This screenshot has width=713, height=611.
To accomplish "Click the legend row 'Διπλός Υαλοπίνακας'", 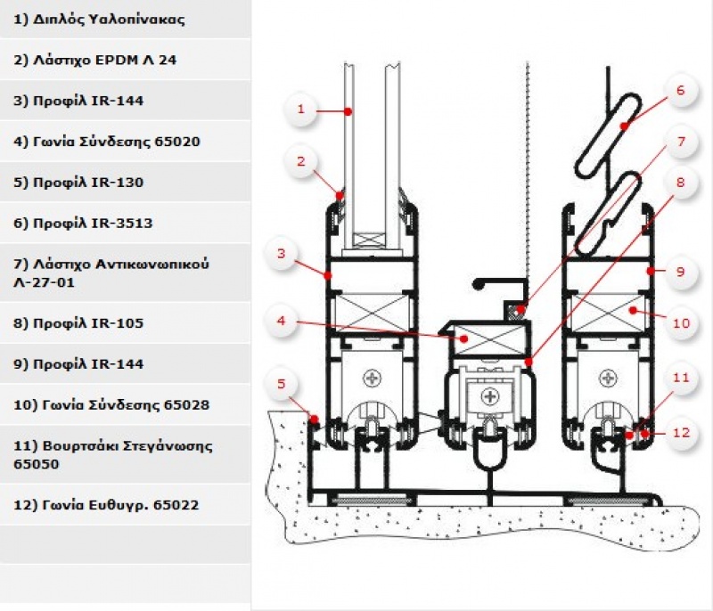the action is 99,20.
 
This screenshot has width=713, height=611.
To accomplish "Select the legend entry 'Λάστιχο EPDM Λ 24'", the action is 95,60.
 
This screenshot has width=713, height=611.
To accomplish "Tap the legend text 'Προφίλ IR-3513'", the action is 83,223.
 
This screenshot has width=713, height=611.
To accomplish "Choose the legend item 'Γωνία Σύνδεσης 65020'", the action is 107,142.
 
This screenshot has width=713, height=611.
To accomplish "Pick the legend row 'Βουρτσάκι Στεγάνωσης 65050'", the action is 113,455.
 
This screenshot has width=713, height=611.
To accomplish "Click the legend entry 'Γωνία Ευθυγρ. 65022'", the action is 106,505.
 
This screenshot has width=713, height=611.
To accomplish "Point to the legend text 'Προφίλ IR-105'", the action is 78,323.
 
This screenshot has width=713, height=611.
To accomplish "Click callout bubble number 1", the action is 300,110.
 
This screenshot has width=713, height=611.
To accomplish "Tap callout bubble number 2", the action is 300,161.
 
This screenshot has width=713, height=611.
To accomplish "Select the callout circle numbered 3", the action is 281,254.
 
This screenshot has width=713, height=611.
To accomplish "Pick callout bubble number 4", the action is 281,321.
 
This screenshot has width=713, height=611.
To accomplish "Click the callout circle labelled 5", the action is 281,384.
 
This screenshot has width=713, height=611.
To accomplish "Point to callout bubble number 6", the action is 681,90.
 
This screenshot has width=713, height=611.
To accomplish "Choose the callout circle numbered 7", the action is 681,142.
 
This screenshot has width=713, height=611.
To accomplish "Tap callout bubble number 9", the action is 681,272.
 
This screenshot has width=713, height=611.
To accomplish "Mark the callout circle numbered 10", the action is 681,323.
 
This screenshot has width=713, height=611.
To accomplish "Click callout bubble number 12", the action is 681,433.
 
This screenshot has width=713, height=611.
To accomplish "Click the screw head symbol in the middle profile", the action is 489,396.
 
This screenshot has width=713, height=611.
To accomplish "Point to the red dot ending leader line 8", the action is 529,362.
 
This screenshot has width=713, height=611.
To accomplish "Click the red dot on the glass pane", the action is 348,111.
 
